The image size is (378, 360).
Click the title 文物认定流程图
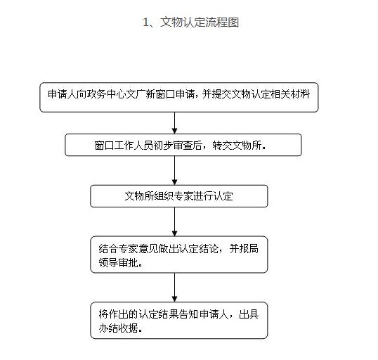(200, 22)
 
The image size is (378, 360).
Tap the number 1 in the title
(146, 22)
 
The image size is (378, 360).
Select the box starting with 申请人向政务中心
(179, 97)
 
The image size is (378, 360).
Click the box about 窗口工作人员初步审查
(183, 145)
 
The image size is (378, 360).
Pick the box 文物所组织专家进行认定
(179, 196)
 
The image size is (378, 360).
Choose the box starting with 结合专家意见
(179, 255)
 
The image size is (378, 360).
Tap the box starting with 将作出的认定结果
(179, 321)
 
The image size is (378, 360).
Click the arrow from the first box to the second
(175, 123)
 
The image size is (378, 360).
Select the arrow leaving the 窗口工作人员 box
(175, 171)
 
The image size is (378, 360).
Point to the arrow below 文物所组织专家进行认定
(175, 221)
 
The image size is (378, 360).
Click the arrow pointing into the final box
(175, 288)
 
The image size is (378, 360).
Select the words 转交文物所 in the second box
(237, 146)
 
